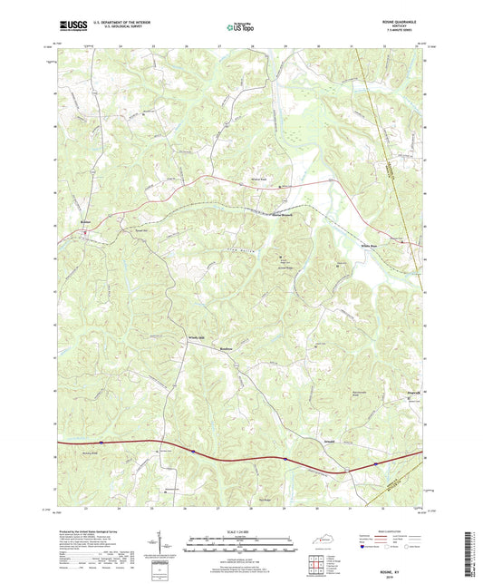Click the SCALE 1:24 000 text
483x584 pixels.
click(x=240, y=530)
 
